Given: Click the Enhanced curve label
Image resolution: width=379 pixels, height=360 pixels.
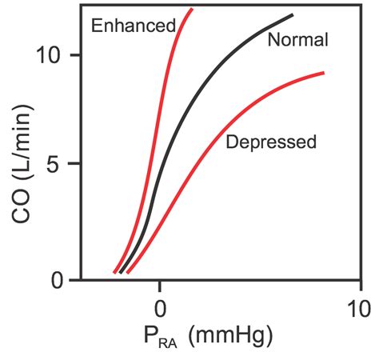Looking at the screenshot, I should click(x=133, y=26).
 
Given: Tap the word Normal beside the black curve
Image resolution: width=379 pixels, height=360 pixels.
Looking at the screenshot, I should click(x=297, y=40).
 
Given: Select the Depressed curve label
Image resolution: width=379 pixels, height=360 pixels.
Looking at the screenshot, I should click(x=272, y=142).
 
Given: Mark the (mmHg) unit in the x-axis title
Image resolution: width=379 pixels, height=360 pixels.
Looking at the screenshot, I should click(x=231, y=337).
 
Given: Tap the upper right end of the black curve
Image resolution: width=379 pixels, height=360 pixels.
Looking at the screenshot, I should click(x=293, y=15).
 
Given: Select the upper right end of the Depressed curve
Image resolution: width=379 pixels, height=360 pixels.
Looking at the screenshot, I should click(x=323, y=73).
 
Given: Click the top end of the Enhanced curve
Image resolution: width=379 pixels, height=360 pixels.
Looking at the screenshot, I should click(x=191, y=10).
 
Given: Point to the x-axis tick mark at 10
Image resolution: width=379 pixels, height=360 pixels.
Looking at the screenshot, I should click(x=359, y=285).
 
